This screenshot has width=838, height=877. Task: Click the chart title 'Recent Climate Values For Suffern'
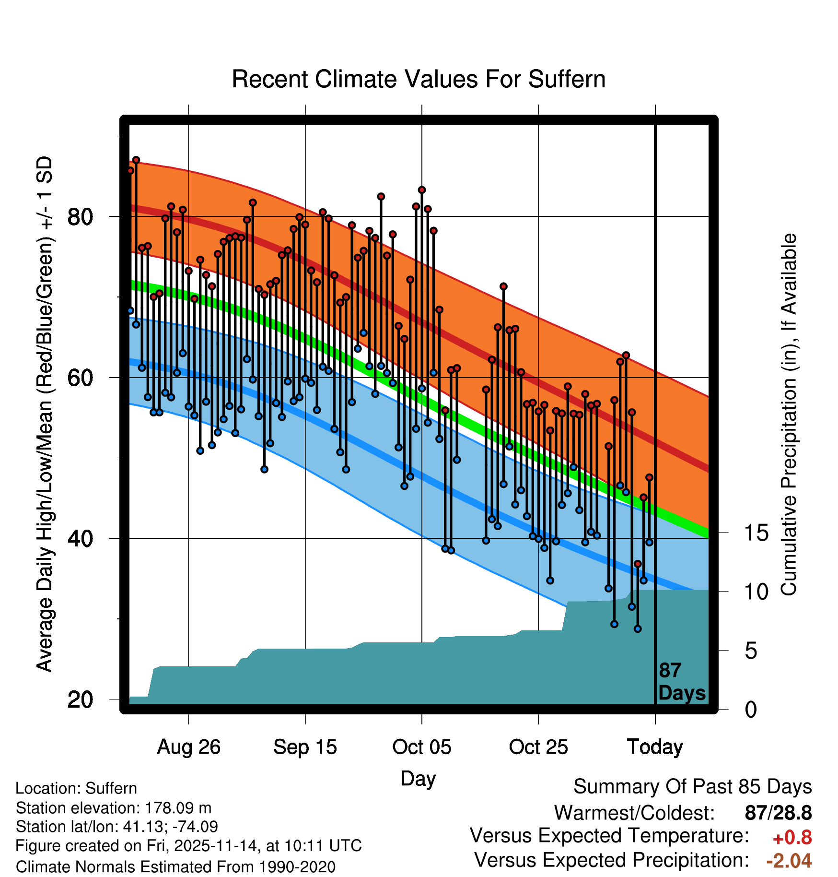[419, 80]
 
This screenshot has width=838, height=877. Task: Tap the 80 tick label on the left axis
[80, 217]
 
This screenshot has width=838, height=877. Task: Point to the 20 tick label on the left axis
[80, 699]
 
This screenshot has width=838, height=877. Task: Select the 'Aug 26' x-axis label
[189, 747]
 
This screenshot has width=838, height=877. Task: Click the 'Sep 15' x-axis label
[305, 747]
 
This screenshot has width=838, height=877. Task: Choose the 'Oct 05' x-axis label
[422, 747]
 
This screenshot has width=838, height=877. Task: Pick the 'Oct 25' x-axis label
[538, 747]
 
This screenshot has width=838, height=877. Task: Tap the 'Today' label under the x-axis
[655, 747]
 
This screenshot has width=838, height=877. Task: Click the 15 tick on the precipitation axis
[757, 533]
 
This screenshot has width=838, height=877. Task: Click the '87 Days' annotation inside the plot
[682, 682]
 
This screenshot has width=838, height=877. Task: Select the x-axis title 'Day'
[418, 778]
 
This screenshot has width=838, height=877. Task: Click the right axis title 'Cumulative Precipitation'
[789, 415]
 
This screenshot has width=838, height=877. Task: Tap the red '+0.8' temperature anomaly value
[792, 838]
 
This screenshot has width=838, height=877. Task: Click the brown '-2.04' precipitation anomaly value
[789, 861]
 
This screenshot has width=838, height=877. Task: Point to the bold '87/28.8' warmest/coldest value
[778, 813]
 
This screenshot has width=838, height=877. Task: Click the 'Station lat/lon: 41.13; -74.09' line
[117, 827]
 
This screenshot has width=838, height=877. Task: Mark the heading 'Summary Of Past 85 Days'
[692, 787]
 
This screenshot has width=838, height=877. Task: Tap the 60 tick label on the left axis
[80, 378]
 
